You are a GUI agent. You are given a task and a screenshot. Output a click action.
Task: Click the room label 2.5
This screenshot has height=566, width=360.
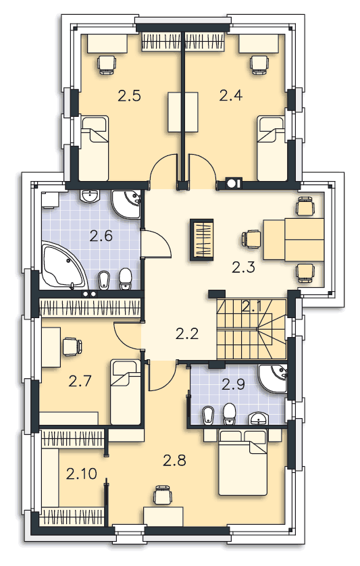tap(129, 97)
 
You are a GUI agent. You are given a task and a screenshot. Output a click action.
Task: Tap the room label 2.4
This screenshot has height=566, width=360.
tap(231, 96)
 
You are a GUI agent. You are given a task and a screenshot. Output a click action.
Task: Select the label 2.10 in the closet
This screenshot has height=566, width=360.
tap(82, 473)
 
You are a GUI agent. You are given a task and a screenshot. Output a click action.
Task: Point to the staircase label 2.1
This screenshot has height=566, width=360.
tap(252, 307)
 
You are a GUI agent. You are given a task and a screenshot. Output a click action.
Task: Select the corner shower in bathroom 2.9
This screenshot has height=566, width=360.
tap(273, 378)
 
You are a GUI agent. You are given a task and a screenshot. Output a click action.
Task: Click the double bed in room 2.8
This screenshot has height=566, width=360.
tap(242, 462)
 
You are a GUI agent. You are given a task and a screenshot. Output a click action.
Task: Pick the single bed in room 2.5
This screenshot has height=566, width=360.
tap(95, 148)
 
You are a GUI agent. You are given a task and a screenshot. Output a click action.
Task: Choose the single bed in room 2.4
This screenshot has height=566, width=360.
tap(272, 148)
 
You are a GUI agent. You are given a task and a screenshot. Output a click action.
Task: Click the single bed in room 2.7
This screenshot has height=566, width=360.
tap(126, 392)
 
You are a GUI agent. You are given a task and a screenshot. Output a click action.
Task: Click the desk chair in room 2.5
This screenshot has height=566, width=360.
tap(107, 65)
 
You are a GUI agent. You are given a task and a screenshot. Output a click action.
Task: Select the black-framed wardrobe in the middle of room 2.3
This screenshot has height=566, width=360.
tap(202, 240)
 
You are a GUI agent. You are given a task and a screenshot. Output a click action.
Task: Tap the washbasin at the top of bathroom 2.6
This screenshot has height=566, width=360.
tap(89, 197)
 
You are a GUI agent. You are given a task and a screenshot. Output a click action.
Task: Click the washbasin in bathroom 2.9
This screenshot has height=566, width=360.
tap(259, 417)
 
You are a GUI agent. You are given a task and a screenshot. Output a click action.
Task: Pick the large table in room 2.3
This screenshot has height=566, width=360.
tap(294, 239)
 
